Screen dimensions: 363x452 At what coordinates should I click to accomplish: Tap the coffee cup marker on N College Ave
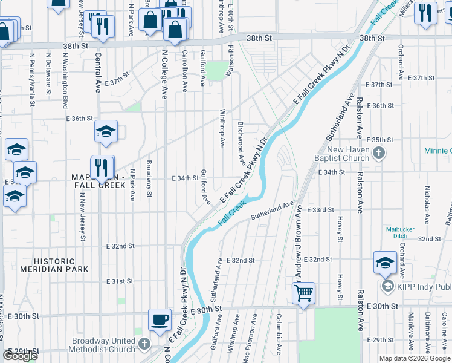(x=160, y=319)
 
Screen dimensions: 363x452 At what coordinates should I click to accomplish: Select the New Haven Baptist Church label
(x=348, y=154)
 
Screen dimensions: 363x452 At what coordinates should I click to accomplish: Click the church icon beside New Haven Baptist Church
(x=379, y=152)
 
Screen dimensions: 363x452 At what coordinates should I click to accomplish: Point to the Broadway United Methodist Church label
(x=102, y=344)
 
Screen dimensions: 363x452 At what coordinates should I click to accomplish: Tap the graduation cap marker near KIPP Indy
(x=385, y=263)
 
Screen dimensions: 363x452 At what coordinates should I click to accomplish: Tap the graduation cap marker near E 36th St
(x=106, y=132)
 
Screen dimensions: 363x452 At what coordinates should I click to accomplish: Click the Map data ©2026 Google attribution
(x=415, y=358)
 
